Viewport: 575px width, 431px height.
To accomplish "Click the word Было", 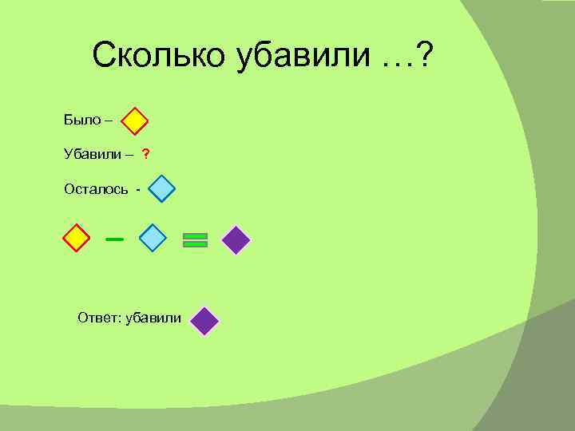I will (x=77, y=121).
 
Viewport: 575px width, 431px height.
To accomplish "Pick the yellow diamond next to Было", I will (x=135, y=121).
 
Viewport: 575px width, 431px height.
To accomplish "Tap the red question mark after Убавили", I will (x=146, y=153).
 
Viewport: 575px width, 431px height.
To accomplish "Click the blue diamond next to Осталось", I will (x=161, y=189).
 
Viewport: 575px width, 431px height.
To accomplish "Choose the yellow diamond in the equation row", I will (x=76, y=238).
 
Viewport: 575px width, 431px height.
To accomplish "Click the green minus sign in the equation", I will (x=114, y=238).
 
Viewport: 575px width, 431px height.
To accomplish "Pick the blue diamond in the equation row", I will (x=153, y=238).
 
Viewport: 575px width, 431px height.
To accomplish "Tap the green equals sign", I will (x=195, y=239).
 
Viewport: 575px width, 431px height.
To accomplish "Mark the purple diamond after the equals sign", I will (x=236, y=239).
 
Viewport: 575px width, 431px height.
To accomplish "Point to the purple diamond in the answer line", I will (x=205, y=321).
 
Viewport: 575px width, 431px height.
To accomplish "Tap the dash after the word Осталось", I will (x=138, y=190).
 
